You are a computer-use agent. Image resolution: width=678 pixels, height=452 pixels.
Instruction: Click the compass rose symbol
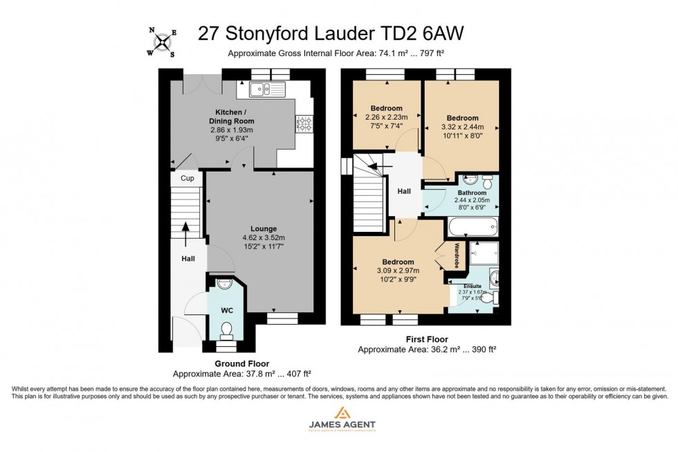[x=163, y=43]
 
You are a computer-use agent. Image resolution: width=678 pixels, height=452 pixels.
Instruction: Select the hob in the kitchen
[x=303, y=123]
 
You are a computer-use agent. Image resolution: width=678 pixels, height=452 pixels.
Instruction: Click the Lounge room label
[x=264, y=228]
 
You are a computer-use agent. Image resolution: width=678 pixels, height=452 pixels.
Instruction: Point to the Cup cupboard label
[x=187, y=178]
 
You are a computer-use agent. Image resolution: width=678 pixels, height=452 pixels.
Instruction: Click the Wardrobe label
[x=457, y=256]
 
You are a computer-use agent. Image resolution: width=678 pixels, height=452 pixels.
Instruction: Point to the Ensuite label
[x=473, y=285]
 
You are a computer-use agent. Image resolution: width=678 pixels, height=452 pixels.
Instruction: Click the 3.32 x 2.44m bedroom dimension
[x=462, y=127]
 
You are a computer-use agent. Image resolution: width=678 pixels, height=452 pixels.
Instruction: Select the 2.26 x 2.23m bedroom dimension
[x=386, y=118]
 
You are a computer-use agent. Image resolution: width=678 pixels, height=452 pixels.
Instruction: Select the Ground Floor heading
[x=241, y=363]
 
